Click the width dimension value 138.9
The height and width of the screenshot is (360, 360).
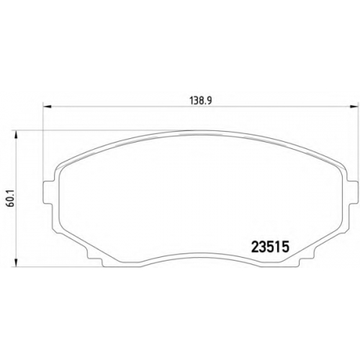(x=201, y=101)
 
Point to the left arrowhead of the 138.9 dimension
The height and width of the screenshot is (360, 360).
(x=47, y=107)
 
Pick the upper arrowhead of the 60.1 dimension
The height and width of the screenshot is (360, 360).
(x=16, y=135)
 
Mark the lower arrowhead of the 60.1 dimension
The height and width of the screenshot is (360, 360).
(x=16, y=262)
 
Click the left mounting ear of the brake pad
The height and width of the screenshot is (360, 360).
(x=48, y=192)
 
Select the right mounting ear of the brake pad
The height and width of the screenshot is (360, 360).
(x=351, y=192)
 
